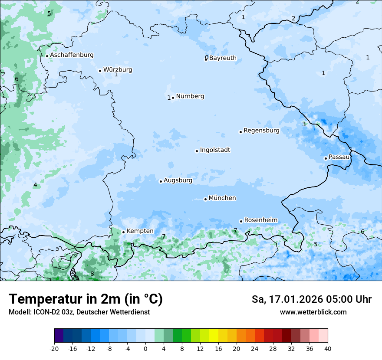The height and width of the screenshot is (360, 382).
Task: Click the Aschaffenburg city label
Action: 72,55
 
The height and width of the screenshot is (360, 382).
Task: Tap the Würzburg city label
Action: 118,70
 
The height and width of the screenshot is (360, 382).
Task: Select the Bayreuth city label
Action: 223,58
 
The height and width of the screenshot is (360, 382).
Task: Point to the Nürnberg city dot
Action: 173,98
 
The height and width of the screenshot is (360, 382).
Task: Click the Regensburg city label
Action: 261,131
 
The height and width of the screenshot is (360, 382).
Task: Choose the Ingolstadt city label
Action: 215,150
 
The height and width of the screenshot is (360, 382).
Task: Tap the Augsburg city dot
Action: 161,181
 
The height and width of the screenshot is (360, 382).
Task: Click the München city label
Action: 222,198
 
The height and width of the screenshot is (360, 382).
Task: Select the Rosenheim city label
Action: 260,220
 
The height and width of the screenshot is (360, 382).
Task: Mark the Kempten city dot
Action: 123,232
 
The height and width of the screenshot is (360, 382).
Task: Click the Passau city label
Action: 339,157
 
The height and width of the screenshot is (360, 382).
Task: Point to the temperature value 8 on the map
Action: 92,274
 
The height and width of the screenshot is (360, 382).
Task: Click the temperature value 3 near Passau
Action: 304,124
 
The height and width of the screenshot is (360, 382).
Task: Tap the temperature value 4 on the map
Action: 35,185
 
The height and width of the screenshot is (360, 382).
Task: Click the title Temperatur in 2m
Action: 86,299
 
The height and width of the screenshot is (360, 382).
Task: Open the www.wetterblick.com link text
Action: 313,312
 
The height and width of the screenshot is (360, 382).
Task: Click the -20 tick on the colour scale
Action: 54,349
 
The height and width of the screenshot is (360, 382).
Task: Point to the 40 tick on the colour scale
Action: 327,349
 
